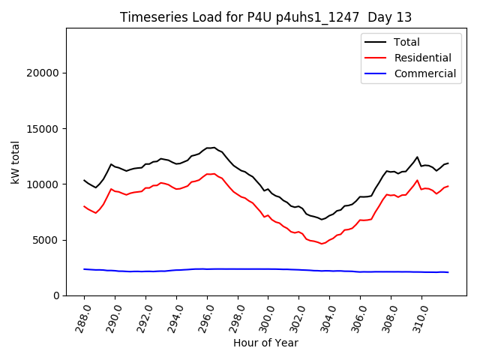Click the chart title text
(x=265, y=17)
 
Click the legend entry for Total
(x=406, y=42)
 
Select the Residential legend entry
(x=422, y=58)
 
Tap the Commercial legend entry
(x=424, y=73)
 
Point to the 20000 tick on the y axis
(x=43, y=73)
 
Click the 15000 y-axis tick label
(x=43, y=129)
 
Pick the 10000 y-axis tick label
(x=43, y=184)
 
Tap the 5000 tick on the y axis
(x=46, y=240)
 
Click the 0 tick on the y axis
(x=56, y=295)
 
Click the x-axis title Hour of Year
(x=265, y=343)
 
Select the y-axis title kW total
(x=15, y=162)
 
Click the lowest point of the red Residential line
(x=322, y=244)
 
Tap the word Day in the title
(x=377, y=17)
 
